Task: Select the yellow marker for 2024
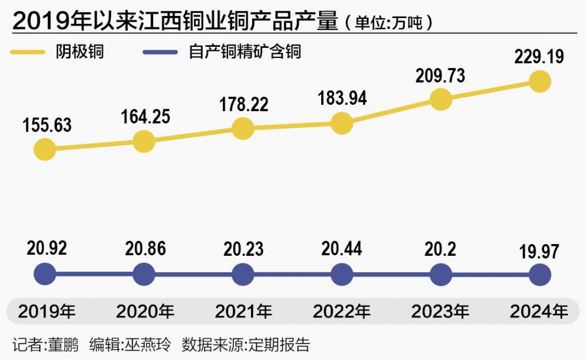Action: pyautogui.click(x=540, y=81)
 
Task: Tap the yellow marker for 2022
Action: pyautogui.click(x=342, y=123)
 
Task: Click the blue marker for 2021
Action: pyautogui.click(x=243, y=273)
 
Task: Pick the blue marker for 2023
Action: pyautogui.click(x=441, y=273)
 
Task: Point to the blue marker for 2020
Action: pyautogui.click(x=144, y=273)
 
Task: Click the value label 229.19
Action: pyautogui.click(x=539, y=57)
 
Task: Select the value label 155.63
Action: pyautogui.click(x=47, y=125)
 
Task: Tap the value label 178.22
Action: pyautogui.click(x=244, y=105)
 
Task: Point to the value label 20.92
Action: pyautogui.click(x=46, y=248)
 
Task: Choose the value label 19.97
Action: pyautogui.click(x=539, y=252)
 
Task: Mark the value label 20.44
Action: pyautogui.click(x=342, y=249)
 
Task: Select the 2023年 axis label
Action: pyautogui.click(x=440, y=311)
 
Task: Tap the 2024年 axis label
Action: pyautogui.click(x=539, y=311)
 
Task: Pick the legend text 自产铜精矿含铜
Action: pyautogui.click(x=245, y=52)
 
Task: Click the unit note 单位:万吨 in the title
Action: pyautogui.click(x=388, y=23)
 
